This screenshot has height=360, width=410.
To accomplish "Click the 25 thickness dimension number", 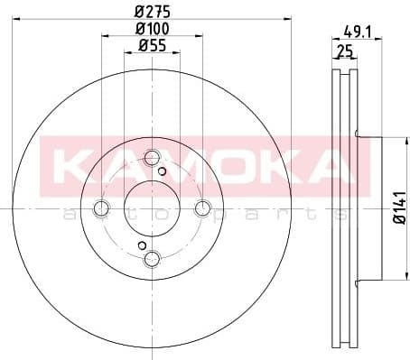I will (x=343, y=51).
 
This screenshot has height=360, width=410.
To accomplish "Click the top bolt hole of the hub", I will (x=151, y=155).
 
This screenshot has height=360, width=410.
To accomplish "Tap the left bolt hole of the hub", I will (x=99, y=207).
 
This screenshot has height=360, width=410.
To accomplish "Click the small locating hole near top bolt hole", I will (x=162, y=171).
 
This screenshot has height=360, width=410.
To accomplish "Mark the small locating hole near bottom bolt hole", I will (x=141, y=245).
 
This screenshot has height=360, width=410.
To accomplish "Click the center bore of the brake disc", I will (x=151, y=207).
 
